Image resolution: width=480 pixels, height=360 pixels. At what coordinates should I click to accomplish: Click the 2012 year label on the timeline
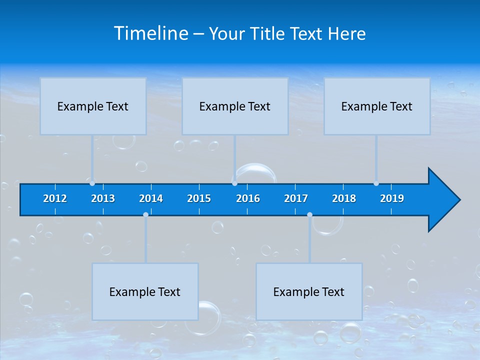(55, 198)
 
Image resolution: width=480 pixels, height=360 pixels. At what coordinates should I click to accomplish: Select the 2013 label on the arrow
(103, 198)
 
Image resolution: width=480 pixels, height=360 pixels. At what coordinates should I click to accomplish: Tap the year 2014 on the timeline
(151, 198)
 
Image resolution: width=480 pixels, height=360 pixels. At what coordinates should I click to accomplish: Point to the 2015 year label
(199, 198)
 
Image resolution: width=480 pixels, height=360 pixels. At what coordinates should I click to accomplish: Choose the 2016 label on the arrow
(248, 198)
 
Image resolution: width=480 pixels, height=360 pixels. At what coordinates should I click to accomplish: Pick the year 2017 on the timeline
(296, 198)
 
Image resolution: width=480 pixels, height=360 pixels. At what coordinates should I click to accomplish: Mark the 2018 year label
(344, 198)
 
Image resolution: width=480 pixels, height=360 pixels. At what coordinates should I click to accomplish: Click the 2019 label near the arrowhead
(392, 198)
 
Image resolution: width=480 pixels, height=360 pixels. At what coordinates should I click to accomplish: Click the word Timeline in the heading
(151, 33)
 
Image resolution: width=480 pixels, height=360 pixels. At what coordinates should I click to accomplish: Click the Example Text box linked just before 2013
(93, 106)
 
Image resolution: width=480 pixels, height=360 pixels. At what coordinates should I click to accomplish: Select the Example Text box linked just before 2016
(235, 106)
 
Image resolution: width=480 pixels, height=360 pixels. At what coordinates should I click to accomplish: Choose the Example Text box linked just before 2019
(377, 106)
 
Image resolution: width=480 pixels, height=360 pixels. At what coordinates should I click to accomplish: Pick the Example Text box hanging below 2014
(145, 291)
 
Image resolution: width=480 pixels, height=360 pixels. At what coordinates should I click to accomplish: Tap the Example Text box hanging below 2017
(309, 291)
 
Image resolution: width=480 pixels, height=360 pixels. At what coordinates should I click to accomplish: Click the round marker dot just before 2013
(92, 183)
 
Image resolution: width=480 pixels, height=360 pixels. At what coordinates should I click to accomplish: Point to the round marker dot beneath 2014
(145, 215)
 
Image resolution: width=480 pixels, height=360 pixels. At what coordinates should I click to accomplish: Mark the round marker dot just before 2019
(376, 183)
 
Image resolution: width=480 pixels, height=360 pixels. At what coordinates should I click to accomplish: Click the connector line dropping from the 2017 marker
(309, 240)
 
